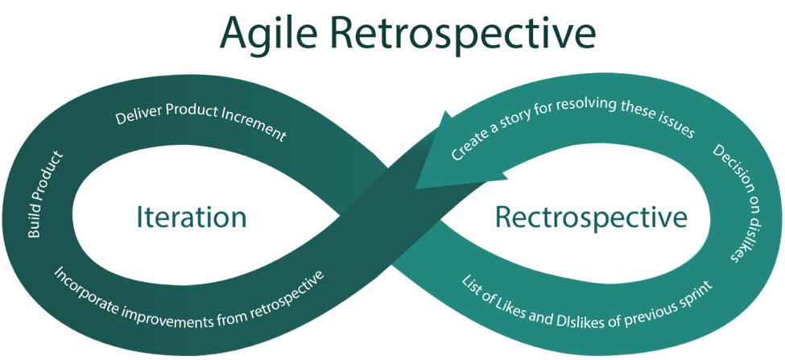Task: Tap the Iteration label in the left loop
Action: pyautogui.click(x=192, y=217)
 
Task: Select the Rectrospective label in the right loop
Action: pyautogui.click(x=591, y=217)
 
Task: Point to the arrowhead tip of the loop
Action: pyautogui.click(x=415, y=188)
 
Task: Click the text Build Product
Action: pyautogui.click(x=46, y=194)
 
